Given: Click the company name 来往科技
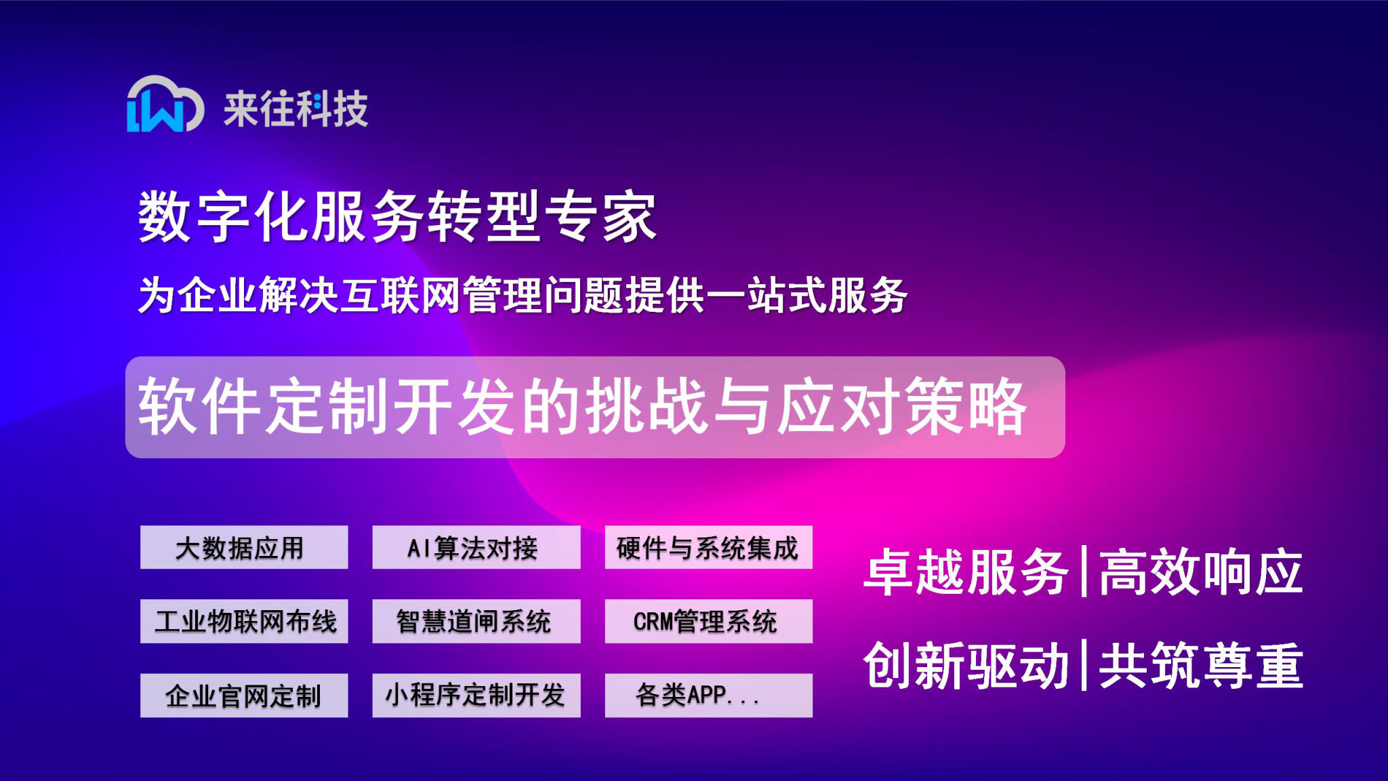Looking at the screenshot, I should (x=295, y=108).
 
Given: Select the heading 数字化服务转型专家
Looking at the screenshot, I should (x=397, y=216).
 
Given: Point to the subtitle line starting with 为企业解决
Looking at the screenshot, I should (x=522, y=296).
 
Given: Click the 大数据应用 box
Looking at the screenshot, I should (x=244, y=547).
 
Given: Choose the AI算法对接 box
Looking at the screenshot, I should (x=476, y=547).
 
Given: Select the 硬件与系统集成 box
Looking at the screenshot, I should (x=708, y=547).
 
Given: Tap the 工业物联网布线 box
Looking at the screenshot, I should (x=244, y=621).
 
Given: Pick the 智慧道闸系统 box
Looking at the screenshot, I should (x=476, y=621).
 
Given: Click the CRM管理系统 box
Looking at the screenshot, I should (x=708, y=621).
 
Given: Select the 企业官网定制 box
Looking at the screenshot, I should (x=244, y=695).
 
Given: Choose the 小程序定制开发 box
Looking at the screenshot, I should (x=476, y=695).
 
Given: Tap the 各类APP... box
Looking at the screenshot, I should (x=708, y=695).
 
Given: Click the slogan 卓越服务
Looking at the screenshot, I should (x=966, y=572).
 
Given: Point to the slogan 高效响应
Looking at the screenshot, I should (x=1200, y=572).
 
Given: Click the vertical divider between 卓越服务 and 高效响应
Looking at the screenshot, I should (x=1084, y=571).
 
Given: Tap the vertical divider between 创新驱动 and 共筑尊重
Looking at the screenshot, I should (x=1084, y=664).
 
